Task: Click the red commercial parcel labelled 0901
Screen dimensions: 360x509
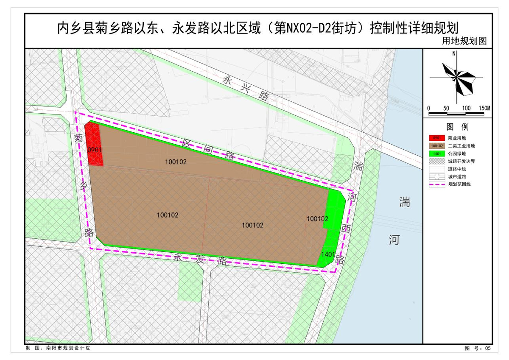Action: (x=94, y=144)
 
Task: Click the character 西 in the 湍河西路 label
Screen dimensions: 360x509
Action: (x=344, y=229)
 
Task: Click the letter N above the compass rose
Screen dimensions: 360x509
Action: (x=454, y=54)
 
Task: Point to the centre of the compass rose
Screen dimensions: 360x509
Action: (x=456, y=77)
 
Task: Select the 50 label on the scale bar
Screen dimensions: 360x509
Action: (x=446, y=108)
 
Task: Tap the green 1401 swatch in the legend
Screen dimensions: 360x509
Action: (x=436, y=153)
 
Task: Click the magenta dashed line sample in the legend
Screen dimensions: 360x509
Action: (x=436, y=184)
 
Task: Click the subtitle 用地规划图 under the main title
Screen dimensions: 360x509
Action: (x=464, y=41)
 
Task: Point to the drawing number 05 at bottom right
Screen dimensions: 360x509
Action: (x=487, y=348)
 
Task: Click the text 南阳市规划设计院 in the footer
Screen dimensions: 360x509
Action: (x=68, y=348)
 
